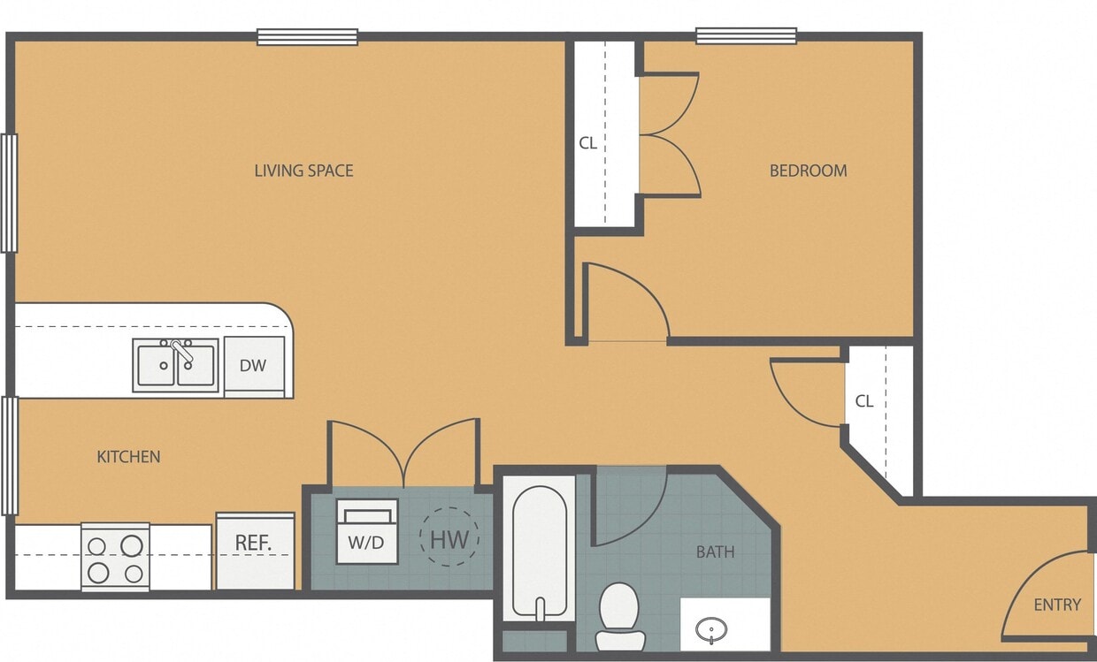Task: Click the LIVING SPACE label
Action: pos(303,171)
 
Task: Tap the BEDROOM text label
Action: pos(808,171)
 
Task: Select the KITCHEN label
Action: pos(128,457)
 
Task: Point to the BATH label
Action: pos(715,552)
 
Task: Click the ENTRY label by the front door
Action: pos(1057,605)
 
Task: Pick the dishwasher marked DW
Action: pos(253,365)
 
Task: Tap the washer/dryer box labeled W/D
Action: pos(366,532)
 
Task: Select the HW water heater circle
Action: pos(449,537)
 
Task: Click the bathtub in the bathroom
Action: pos(539,548)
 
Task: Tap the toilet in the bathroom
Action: pos(618,614)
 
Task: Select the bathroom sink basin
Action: pos(710,630)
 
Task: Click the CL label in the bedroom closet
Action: pos(587,143)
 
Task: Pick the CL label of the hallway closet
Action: pos(864,400)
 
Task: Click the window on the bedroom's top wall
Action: pos(746,36)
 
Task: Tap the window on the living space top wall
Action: pos(307,37)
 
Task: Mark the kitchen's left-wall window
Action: pos(10,455)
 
